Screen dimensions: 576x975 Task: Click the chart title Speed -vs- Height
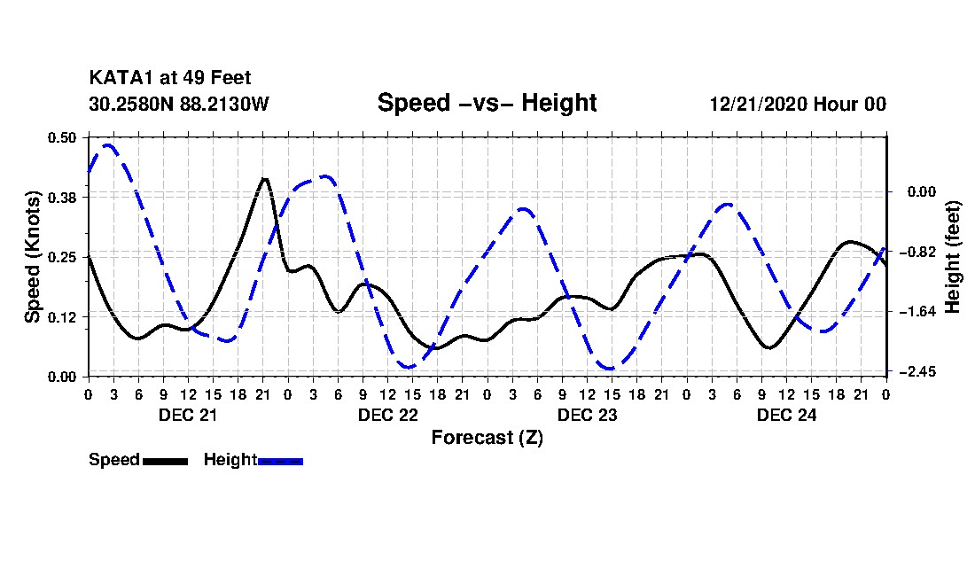pos(487,103)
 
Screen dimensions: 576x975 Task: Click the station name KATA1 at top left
pos(121,79)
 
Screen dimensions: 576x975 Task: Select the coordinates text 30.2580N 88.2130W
pos(178,104)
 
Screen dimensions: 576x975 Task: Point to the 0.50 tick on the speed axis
pos(64,137)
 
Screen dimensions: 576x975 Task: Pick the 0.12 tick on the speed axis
pos(64,316)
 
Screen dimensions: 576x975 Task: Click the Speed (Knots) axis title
pos(32,256)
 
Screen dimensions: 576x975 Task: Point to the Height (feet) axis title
pos(954,256)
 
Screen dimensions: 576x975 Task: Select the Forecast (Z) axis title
pos(487,438)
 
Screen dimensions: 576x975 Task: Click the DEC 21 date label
pos(188,415)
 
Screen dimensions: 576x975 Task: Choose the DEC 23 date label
pos(587,415)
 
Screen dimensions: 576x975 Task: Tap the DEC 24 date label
pos(786,415)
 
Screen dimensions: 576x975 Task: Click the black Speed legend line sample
pos(165,461)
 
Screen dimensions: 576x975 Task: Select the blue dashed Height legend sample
pos(280,461)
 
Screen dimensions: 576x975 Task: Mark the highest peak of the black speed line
pos(264,178)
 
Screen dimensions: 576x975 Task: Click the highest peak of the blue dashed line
pos(108,144)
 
